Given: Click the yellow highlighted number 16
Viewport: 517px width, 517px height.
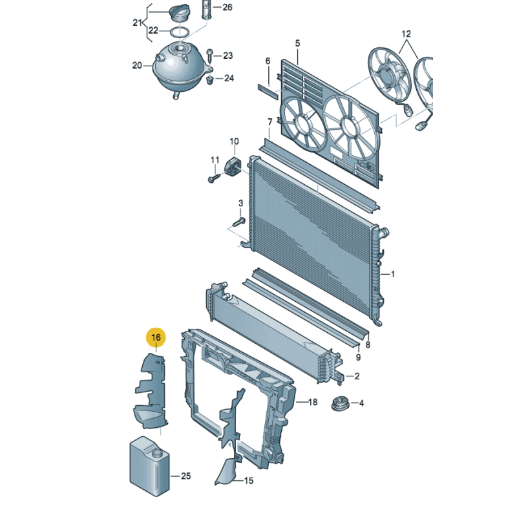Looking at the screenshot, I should (x=156, y=337).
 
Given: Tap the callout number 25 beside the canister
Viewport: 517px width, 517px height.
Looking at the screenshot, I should (x=186, y=476).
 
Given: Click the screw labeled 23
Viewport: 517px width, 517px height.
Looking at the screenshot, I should (x=211, y=56).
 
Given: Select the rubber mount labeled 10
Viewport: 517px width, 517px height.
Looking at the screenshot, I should (x=232, y=165).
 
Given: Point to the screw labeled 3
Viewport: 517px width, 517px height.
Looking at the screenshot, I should (x=237, y=222).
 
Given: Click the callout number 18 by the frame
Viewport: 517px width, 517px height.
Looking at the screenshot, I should (x=313, y=402).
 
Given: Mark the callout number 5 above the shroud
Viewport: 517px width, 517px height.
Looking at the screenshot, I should (x=298, y=43).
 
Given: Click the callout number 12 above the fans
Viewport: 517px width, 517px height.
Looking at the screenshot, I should (x=406, y=33).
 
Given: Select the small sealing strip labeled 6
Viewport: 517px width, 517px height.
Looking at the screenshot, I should (x=268, y=90).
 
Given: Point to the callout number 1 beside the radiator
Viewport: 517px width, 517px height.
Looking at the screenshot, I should (x=392, y=274).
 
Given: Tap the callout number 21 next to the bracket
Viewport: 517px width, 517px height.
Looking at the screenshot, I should (x=136, y=23).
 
